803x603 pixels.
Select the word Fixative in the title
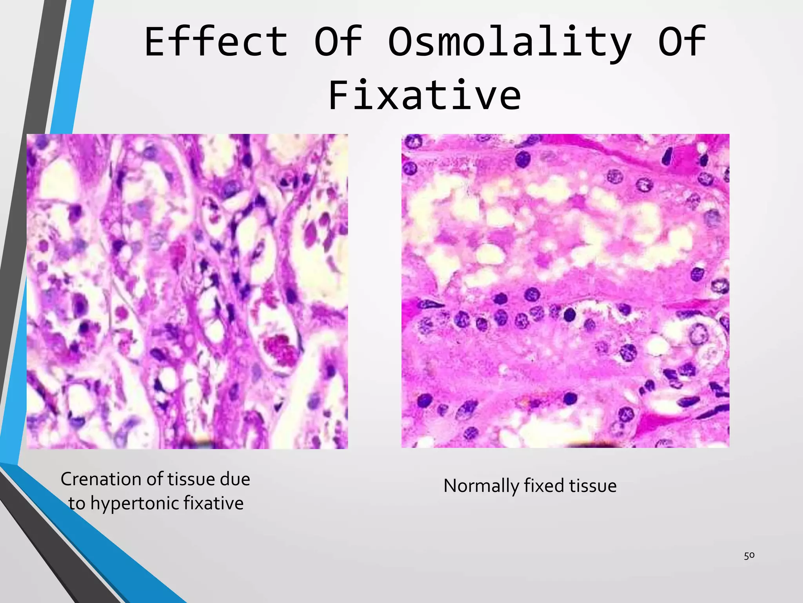click(425, 95)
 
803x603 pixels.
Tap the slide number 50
click(749, 555)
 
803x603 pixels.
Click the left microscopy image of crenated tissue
click(187, 291)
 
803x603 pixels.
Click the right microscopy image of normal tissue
click(565, 291)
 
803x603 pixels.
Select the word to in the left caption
click(76, 504)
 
